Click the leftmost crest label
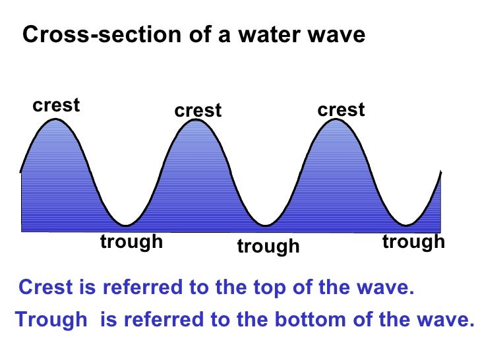[x=56, y=105]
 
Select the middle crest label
[x=198, y=111]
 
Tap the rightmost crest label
[x=341, y=109]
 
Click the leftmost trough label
[x=131, y=242]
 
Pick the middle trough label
[x=268, y=247]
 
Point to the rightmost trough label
[x=413, y=242]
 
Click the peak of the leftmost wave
[x=56, y=119]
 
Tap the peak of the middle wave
[x=198, y=121]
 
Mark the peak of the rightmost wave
[x=339, y=121]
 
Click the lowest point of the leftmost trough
[x=127, y=224]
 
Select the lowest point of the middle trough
[x=267, y=225]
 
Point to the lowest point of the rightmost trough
[x=409, y=225]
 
